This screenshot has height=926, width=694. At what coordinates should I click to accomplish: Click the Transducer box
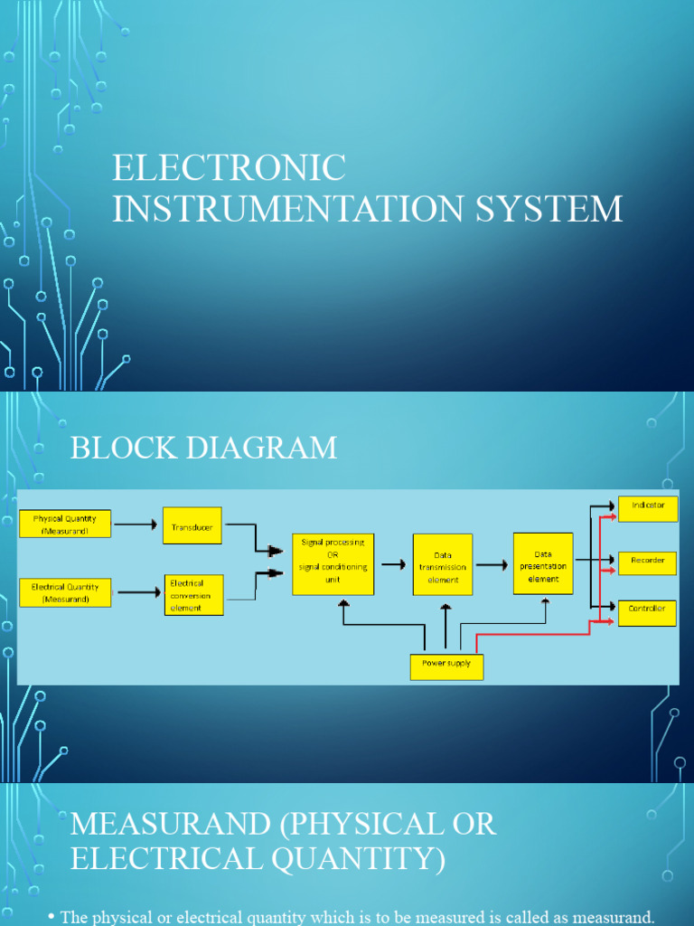point(192,525)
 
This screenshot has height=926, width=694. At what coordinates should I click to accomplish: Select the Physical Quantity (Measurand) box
point(65,524)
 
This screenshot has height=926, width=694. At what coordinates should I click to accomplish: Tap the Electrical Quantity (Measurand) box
point(65,592)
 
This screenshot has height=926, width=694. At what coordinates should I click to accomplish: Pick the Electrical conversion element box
point(193,595)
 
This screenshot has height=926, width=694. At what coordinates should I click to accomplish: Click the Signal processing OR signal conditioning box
point(333,563)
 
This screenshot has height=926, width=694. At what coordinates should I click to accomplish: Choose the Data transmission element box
point(443,564)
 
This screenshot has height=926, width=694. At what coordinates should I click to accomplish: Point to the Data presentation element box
point(543,563)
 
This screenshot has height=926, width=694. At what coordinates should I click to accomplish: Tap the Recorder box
point(647,562)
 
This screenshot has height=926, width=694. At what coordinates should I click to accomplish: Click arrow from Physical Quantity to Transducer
point(136,524)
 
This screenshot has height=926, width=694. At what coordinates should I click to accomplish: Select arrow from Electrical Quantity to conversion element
point(139,593)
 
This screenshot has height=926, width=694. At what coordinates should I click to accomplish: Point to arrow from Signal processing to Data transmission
point(393,564)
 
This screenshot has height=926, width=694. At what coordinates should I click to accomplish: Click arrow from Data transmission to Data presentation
point(492,564)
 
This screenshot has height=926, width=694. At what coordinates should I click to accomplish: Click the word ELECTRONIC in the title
point(229,168)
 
